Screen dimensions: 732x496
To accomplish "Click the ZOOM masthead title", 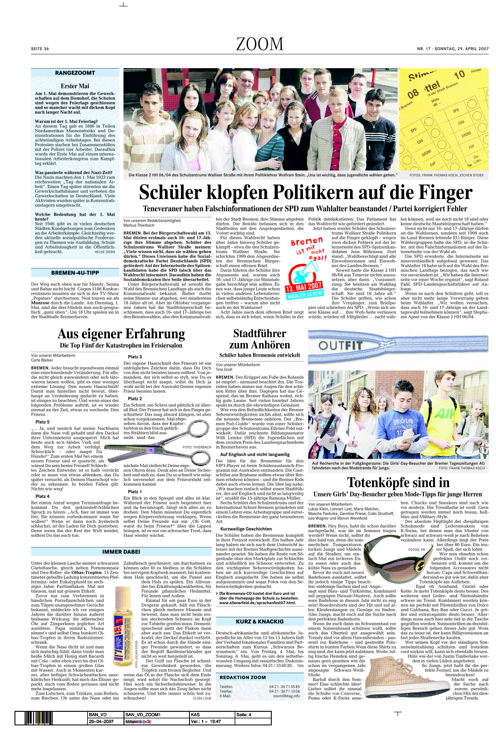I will [260, 44].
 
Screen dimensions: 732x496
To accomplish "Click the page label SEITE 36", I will [40, 49].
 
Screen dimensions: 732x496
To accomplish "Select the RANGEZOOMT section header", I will [75, 73].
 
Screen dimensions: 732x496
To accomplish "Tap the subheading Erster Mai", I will [75, 86].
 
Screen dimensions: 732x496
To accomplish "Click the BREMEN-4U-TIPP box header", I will [75, 273].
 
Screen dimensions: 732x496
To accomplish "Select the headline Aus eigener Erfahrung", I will [121, 334].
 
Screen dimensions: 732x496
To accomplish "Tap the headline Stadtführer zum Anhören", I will [259, 339].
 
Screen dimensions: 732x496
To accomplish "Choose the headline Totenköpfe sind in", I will [398, 482].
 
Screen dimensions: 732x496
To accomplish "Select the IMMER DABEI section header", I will [121, 551].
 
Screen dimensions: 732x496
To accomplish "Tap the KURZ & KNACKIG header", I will [259, 621].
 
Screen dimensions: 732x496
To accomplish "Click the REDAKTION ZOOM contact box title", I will [243, 677].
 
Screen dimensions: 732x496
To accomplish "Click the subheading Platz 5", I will [43, 422].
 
